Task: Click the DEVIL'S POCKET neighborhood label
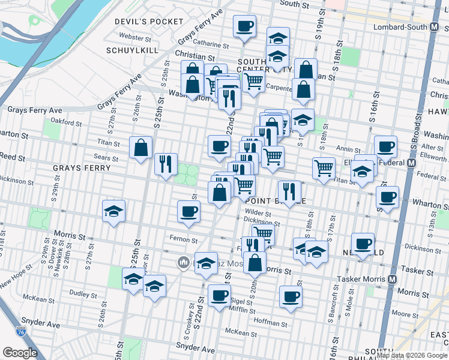pos(150,22)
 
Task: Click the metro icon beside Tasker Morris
pos(392,280)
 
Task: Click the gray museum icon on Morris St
pos(183,262)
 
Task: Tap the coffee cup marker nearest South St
pos(244,27)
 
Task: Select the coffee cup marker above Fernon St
pos(188,211)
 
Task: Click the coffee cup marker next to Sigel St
pos(219,295)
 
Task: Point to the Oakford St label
pos(66,122)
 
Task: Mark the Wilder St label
pos(259,212)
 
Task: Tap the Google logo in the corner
pos(20,353)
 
